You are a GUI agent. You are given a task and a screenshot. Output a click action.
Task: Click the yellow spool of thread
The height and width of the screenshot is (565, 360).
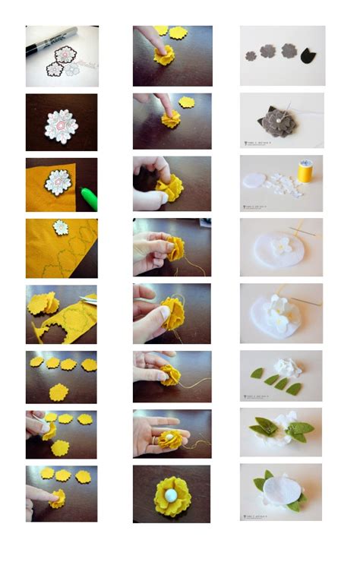pyautogui.click(x=305, y=171)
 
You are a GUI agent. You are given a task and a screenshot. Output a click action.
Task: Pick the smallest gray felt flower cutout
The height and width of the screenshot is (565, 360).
pyautogui.click(x=251, y=55)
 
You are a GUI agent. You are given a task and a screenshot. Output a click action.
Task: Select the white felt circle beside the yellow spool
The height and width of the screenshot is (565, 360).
pyautogui.click(x=254, y=178)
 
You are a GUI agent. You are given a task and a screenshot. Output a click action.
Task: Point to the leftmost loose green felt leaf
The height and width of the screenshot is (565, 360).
pyautogui.click(x=258, y=373)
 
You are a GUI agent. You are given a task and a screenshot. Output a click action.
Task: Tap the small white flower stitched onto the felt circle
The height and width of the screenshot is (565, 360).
pyautogui.click(x=281, y=245)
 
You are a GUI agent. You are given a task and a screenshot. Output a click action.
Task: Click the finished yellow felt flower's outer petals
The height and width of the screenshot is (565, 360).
pyautogui.click(x=154, y=497)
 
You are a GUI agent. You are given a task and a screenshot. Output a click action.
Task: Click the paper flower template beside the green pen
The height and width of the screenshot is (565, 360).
pyautogui.click(x=56, y=181)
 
